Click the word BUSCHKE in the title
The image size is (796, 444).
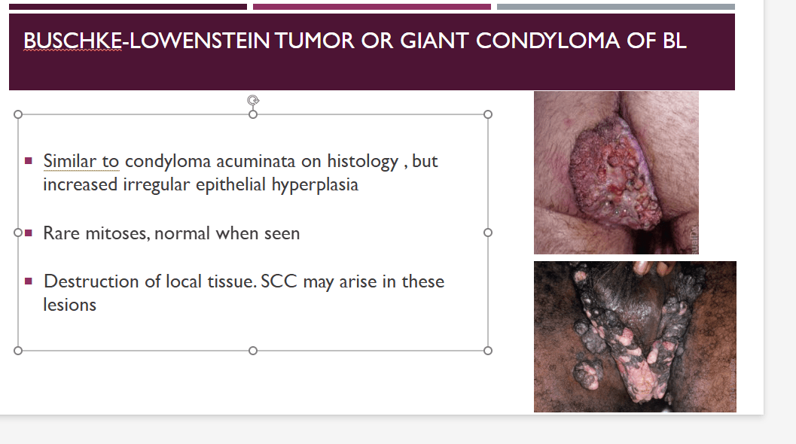(x=72, y=41)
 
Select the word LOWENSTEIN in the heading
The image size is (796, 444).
(x=200, y=41)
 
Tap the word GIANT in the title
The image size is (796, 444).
(x=434, y=41)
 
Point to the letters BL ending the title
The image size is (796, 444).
(x=675, y=41)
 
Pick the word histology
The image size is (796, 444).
(x=362, y=162)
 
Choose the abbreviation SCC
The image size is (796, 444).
(x=279, y=281)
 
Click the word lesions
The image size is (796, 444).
(x=69, y=305)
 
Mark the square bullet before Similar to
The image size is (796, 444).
(x=29, y=161)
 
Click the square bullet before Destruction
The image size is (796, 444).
(x=29, y=281)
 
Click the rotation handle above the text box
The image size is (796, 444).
(x=253, y=100)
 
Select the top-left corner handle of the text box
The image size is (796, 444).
(x=18, y=114)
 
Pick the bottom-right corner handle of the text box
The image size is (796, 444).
(x=488, y=351)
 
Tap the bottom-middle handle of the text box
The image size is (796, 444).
(x=253, y=351)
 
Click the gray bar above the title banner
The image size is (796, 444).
(x=616, y=7)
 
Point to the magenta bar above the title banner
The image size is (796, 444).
(x=371, y=7)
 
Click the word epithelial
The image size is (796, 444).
(x=230, y=185)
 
